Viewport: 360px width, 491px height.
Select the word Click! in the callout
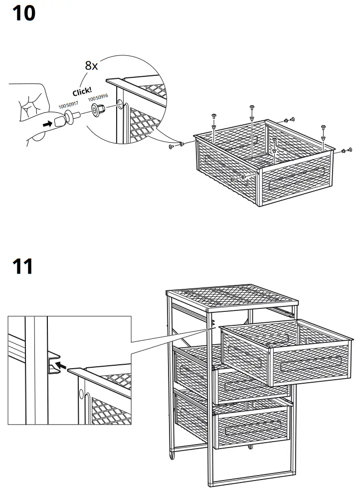82,91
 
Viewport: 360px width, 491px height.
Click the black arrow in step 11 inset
60,366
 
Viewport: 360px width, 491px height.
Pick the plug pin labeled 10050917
76,117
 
